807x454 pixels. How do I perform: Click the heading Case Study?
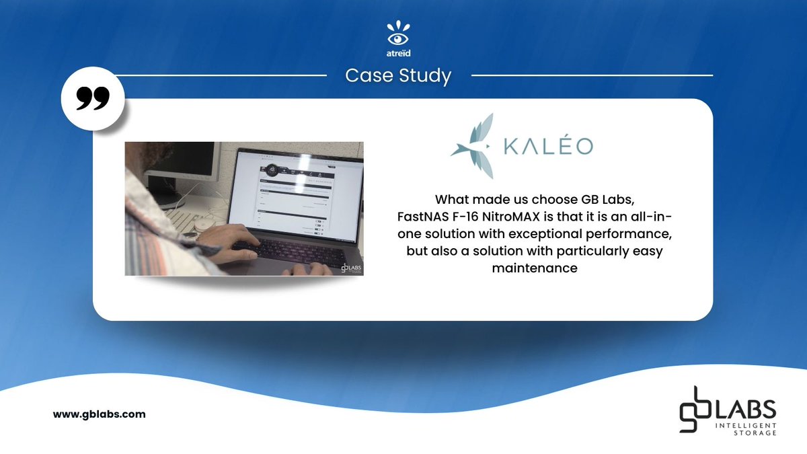pyautogui.click(x=398, y=76)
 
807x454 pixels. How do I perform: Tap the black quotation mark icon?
pyautogui.click(x=92, y=100)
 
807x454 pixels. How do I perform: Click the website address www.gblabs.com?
pyautogui.click(x=99, y=414)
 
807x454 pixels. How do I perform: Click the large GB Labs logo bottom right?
pyautogui.click(x=726, y=411)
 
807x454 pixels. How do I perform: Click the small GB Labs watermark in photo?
pyautogui.click(x=350, y=267)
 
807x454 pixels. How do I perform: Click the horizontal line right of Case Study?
pyautogui.click(x=592, y=75)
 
